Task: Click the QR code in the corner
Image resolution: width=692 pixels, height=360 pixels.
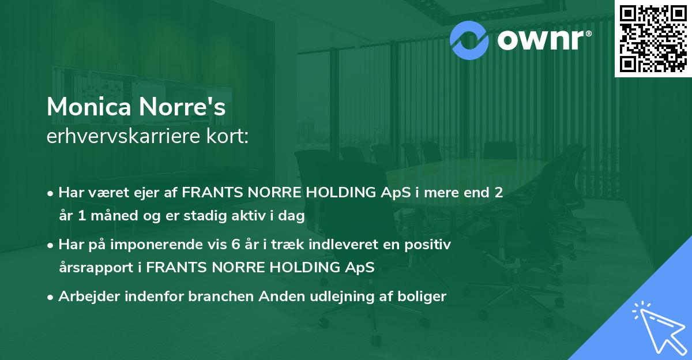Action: pos(653,39)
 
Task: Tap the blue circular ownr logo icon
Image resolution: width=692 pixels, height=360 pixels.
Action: pos(469,39)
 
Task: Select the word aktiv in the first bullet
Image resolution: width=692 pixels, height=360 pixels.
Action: pos(251,216)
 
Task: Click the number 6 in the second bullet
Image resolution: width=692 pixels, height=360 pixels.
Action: pos(236,245)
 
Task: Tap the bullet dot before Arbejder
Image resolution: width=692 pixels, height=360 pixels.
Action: pos(51,297)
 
